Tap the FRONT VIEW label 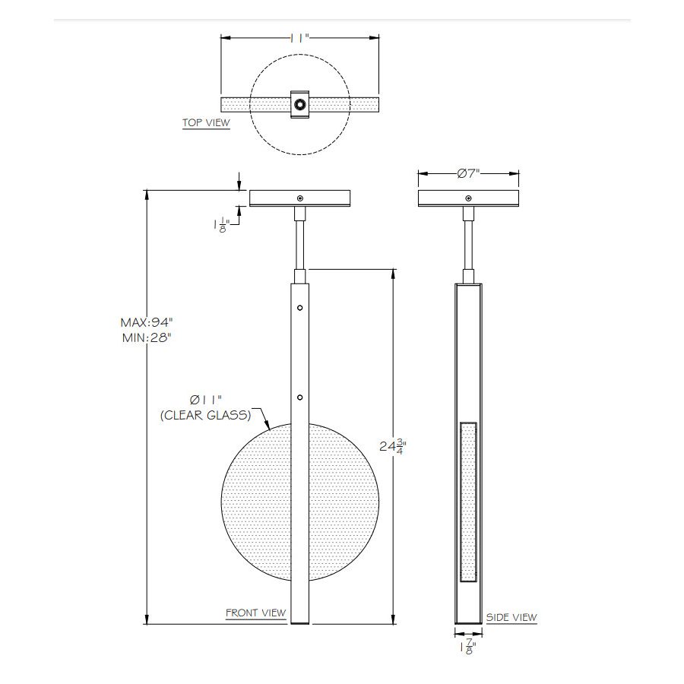coord(255,613)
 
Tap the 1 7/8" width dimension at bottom coord(468,648)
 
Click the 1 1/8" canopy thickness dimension coord(221,225)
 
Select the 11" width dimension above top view coord(300,37)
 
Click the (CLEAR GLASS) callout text coord(204,416)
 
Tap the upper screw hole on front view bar coord(300,308)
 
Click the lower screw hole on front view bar coord(300,397)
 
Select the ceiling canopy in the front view coord(300,198)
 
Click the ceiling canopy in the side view coord(469,198)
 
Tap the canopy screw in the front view coord(300,198)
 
